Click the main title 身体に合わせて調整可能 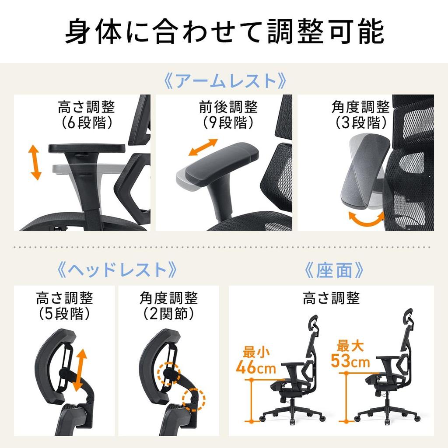point(224,31)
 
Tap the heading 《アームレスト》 point(224,81)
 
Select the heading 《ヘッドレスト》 point(117,270)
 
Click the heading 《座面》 point(334,270)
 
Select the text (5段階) point(64,314)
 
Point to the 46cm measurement point(255,367)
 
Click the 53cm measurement point(350,361)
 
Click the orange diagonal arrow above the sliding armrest point(203,147)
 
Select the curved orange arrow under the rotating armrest point(366,218)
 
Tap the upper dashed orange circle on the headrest point(168,373)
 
